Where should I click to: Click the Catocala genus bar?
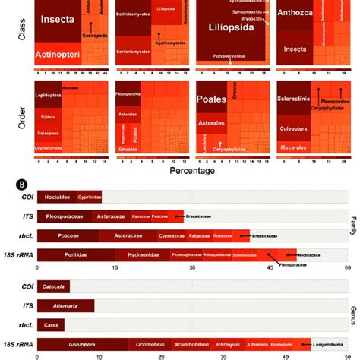[55, 287]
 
